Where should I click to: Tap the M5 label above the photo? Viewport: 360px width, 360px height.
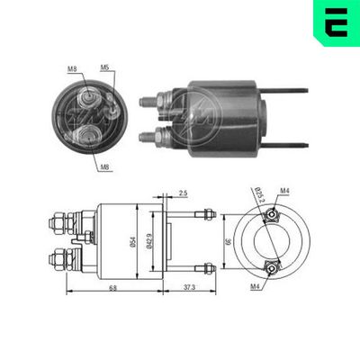(104, 67)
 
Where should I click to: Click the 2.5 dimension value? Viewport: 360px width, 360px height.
(183, 193)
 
